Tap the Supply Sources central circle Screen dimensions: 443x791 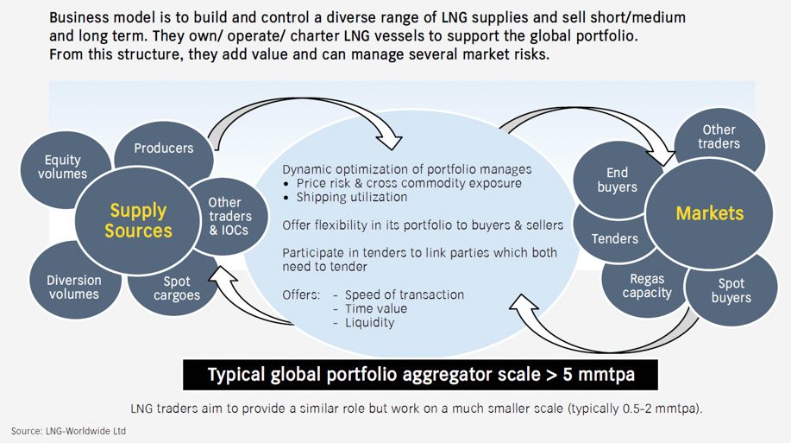click(138, 219)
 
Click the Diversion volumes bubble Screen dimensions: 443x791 click(73, 286)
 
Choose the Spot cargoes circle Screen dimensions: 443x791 click(177, 288)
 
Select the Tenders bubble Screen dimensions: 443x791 click(614, 238)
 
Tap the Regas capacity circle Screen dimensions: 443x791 click(647, 285)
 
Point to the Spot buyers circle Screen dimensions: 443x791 click(731, 289)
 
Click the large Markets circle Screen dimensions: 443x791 click(709, 212)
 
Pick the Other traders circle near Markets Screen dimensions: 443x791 click(719, 137)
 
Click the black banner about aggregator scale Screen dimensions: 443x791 click(420, 376)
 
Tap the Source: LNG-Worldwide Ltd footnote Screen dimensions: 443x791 click(68, 430)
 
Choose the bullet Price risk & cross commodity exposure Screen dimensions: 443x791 click(409, 183)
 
